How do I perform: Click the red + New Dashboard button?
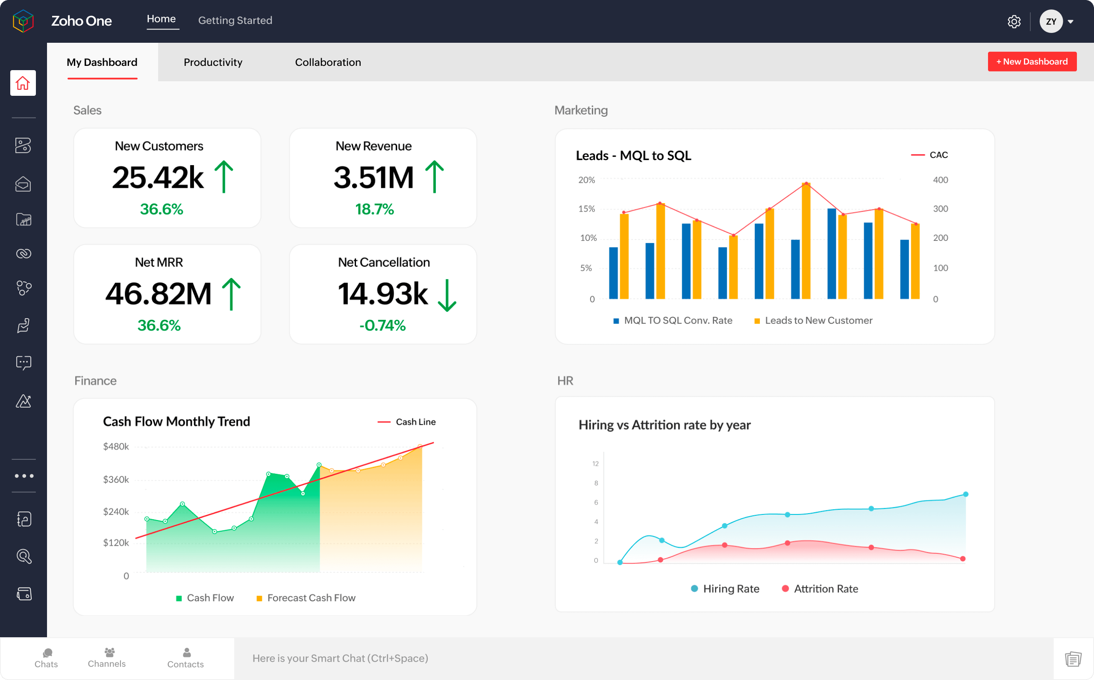point(1032,62)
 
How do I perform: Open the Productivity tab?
point(213,62)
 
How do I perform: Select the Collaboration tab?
point(327,62)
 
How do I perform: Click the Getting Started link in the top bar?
point(235,20)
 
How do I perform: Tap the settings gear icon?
point(1014,21)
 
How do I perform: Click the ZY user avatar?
point(1050,21)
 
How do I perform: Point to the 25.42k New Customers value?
point(158,177)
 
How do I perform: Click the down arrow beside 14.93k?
point(447,295)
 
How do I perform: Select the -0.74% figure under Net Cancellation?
point(382,325)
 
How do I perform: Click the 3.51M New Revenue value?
point(373,177)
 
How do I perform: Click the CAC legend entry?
point(930,155)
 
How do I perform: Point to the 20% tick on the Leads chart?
point(586,180)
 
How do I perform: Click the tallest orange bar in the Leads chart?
point(806,243)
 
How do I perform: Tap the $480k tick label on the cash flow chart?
point(116,446)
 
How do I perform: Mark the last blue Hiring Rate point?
point(965,494)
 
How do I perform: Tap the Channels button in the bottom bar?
point(107,657)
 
